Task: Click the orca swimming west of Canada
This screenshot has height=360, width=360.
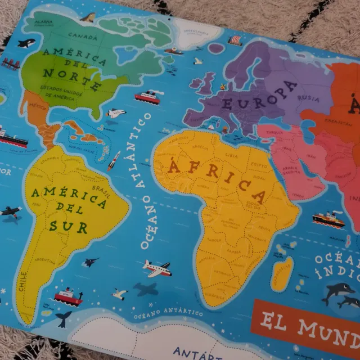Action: click(26, 43)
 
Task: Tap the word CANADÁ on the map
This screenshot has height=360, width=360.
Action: click(81, 35)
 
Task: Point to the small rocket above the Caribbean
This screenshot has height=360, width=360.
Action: click(115, 160)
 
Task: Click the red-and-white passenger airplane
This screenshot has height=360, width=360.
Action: click(156, 267)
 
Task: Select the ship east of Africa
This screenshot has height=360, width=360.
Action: click(328, 218)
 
